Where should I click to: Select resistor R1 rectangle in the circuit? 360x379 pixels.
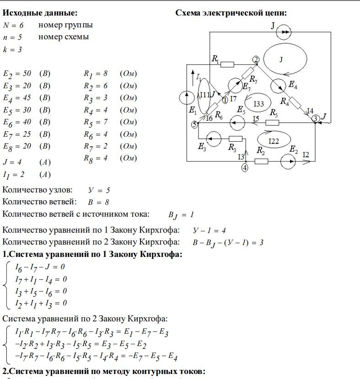point(227,64)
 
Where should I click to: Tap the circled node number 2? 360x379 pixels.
point(256,59)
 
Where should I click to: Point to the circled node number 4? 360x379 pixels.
point(245,168)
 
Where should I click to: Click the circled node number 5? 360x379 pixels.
point(194,124)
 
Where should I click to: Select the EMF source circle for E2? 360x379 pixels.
point(289,161)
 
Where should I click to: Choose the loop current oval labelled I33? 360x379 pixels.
point(258,103)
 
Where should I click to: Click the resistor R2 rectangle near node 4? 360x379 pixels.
point(261,161)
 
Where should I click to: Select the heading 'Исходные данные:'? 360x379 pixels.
point(40,13)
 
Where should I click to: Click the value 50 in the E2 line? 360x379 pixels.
point(27,73)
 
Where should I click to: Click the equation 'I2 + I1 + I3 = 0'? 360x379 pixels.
point(41,303)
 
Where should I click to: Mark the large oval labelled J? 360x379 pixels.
point(281,59)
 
